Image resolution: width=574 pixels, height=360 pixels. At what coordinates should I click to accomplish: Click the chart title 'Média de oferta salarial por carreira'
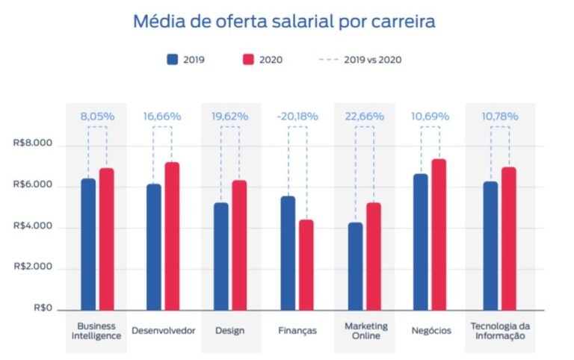pyautogui.click(x=284, y=21)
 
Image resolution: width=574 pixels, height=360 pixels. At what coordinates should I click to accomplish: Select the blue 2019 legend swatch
pyautogui.click(x=172, y=60)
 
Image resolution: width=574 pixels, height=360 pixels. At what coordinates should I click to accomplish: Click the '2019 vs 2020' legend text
pyautogui.click(x=372, y=60)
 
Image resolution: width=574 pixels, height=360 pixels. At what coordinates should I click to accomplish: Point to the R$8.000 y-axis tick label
pyautogui.click(x=34, y=144)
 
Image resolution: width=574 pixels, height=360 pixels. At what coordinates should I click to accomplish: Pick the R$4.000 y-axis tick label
pyautogui.click(x=34, y=226)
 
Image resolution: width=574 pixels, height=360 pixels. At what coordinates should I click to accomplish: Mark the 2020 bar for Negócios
pyautogui.click(x=439, y=235)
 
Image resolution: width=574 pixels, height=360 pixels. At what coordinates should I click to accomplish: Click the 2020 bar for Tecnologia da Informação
pyautogui.click(x=509, y=238)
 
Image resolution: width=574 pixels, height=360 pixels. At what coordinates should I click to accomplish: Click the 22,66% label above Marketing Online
pyautogui.click(x=365, y=116)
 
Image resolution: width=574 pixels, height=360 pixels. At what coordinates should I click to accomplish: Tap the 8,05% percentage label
pyautogui.click(x=97, y=116)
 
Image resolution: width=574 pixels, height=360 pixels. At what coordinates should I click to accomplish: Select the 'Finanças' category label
pyautogui.click(x=297, y=330)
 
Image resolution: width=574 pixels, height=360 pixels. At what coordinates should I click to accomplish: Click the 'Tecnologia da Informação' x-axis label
pyautogui.click(x=500, y=330)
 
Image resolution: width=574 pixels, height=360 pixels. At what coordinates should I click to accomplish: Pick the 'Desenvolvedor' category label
pyautogui.click(x=163, y=330)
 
